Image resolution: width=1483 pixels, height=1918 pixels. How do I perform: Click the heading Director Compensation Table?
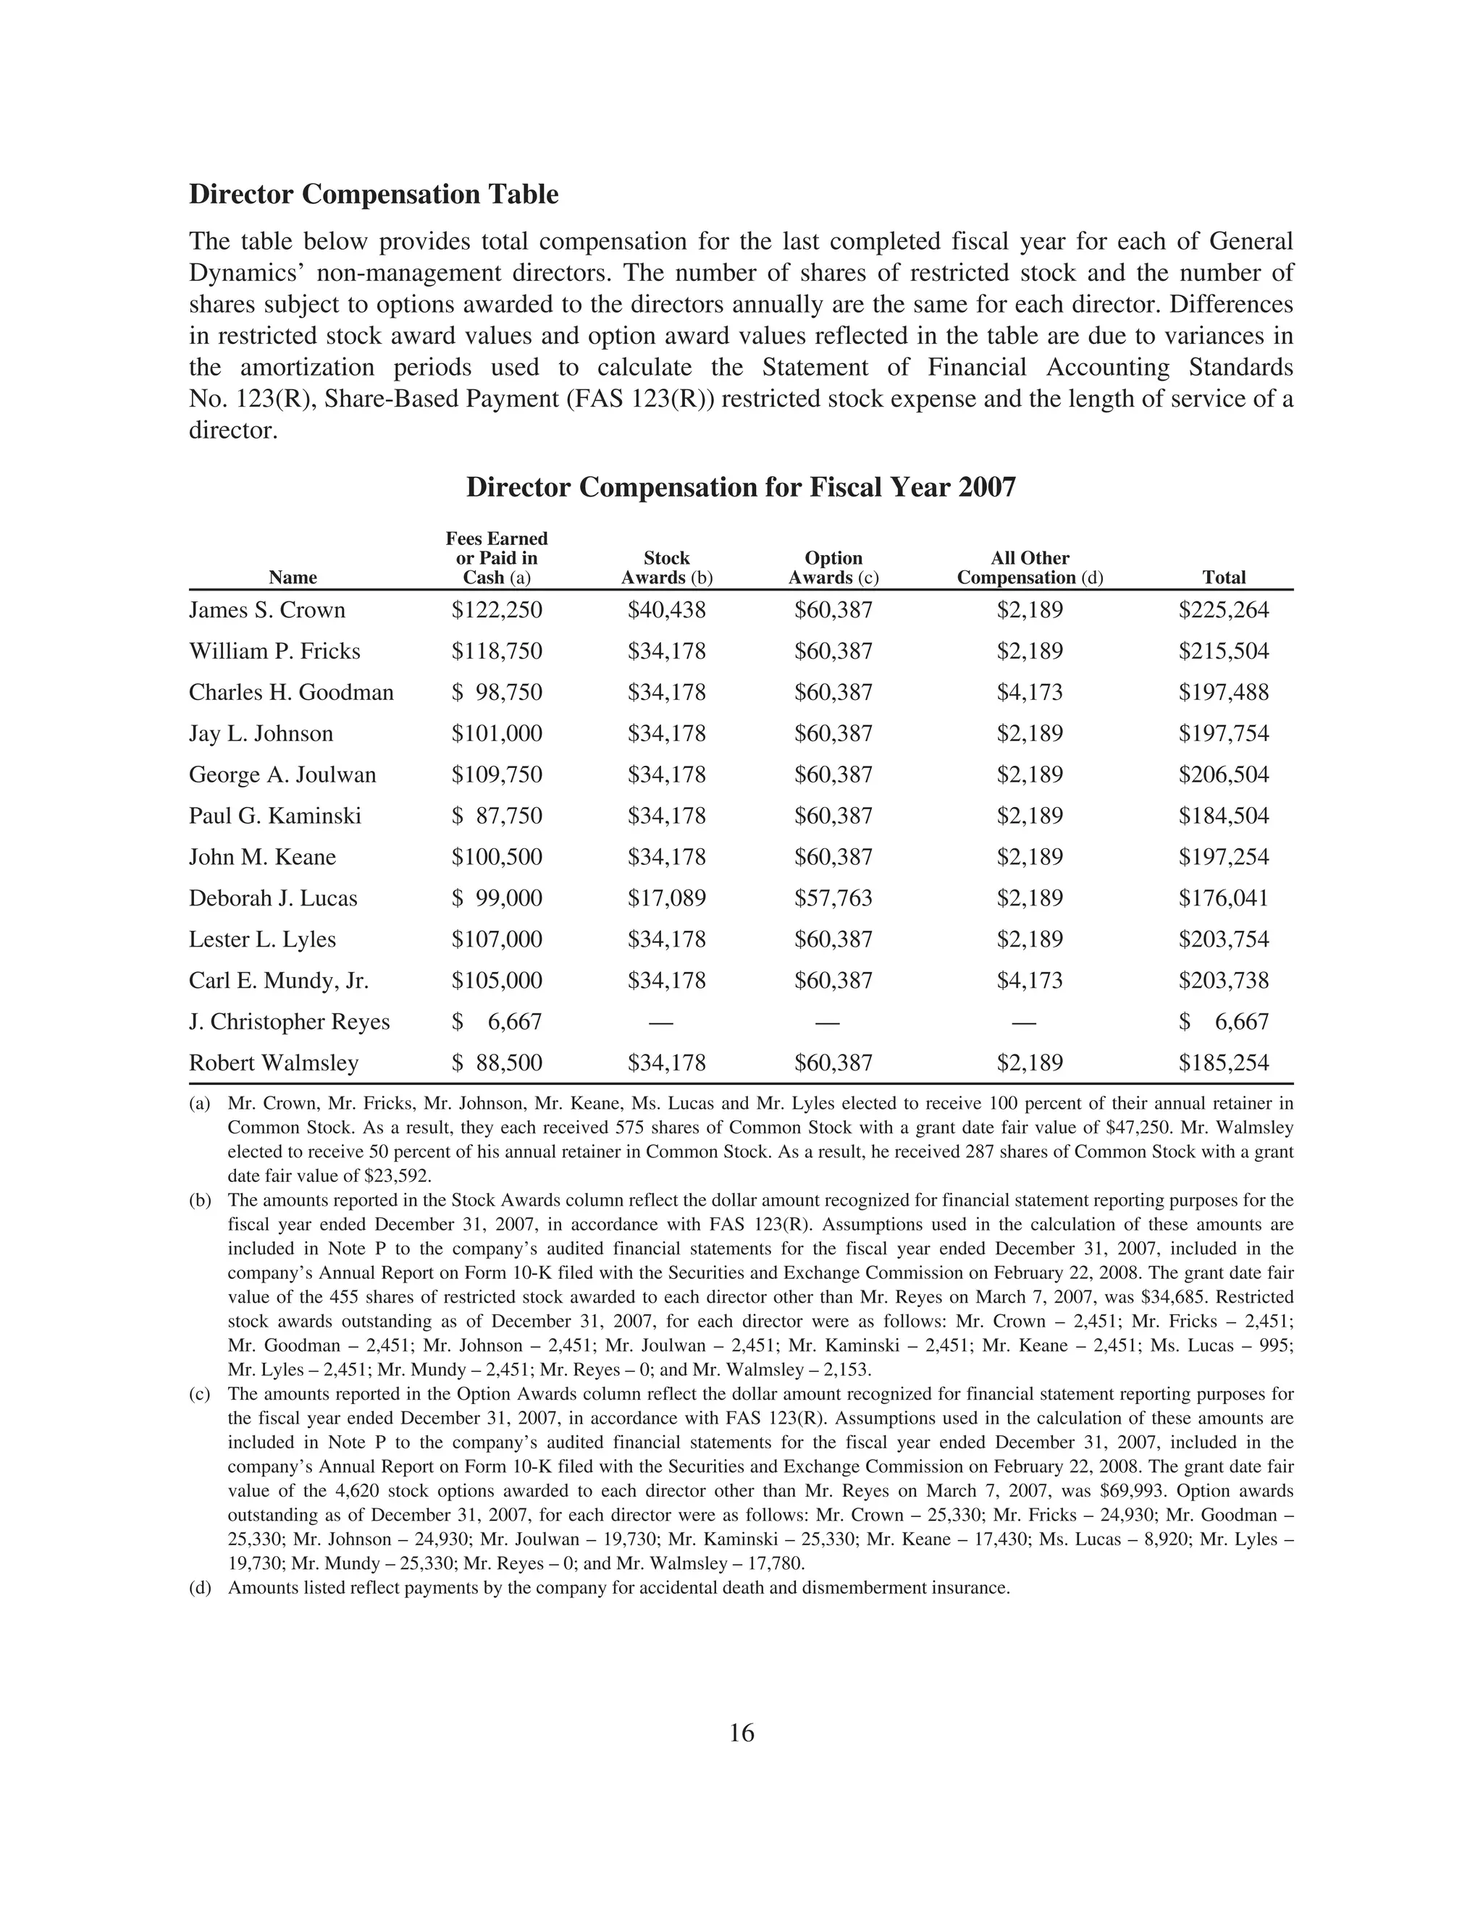point(374,194)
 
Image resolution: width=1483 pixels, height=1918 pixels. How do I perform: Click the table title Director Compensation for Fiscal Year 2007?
point(741,486)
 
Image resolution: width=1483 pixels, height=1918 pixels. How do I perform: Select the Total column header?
point(1223,577)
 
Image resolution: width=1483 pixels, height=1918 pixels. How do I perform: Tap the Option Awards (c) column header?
point(833,567)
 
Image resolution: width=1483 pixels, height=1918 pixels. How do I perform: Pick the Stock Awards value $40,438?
point(666,609)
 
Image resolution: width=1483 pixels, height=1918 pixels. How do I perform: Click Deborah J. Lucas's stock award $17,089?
point(666,897)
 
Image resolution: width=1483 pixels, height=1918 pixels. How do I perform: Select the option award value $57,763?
point(833,897)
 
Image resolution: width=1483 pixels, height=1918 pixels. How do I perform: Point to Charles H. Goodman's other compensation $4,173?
point(1029,692)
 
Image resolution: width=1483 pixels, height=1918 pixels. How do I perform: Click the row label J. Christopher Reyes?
point(289,1021)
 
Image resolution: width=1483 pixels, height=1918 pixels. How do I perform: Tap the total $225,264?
point(1223,609)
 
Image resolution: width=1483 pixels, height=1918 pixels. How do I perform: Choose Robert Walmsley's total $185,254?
point(1223,1062)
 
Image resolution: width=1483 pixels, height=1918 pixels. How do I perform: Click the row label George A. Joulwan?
point(282,774)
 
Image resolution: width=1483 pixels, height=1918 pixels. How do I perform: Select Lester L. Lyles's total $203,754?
point(1223,939)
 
